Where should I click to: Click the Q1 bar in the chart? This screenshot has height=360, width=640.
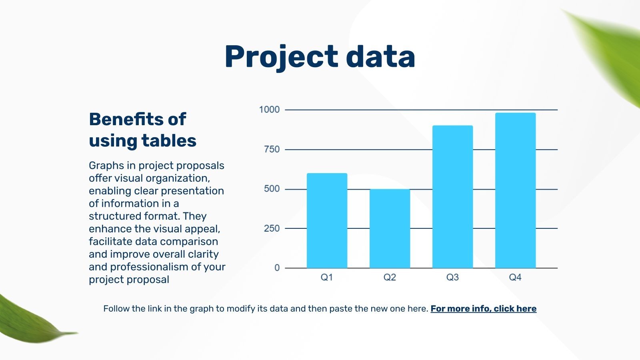327,220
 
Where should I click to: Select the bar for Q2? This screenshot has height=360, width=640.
390,228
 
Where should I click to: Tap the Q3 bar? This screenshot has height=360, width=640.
452,197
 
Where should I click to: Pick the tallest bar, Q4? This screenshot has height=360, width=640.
516,190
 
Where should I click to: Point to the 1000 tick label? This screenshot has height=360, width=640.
269,110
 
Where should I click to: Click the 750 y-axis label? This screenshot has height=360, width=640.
272,150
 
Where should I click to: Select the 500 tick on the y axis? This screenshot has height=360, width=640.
272,189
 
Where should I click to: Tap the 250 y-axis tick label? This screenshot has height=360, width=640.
272,228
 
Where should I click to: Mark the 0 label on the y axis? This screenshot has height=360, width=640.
277,268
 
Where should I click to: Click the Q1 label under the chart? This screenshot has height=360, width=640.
327,277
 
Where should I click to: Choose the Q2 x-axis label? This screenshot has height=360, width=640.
390,277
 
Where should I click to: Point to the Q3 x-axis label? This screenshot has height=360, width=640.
452,277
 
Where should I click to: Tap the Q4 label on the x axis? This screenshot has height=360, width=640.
516,277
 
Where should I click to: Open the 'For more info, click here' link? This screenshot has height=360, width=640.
484,309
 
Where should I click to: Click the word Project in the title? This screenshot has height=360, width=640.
282,57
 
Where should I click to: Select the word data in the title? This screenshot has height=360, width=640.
380,56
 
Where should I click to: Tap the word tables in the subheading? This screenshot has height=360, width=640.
169,140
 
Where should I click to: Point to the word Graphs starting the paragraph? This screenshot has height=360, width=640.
106,166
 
